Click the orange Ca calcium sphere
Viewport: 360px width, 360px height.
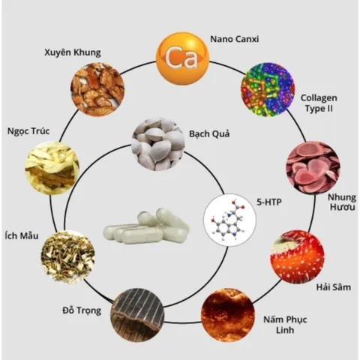(182, 58)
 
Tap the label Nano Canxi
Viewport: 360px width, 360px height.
(234, 39)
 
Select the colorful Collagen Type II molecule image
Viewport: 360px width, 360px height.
(268, 89)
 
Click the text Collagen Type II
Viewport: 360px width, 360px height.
(319, 103)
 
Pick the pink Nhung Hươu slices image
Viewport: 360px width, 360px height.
(313, 168)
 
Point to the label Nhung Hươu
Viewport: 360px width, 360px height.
(342, 202)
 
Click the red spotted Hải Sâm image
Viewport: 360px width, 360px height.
(297, 257)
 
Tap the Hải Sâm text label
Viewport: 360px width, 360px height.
(334, 287)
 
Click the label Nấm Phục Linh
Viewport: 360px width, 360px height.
(285, 325)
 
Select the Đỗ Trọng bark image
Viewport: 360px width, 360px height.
(137, 315)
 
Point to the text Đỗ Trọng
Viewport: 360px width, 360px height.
(82, 310)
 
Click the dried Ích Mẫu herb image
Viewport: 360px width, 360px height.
(67, 257)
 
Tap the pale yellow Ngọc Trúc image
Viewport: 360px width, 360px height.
(52, 168)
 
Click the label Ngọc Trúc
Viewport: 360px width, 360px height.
(28, 131)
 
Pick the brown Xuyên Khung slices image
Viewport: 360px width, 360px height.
(97, 89)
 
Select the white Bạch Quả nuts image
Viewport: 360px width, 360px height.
(158, 144)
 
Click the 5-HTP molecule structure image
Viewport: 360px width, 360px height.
(230, 220)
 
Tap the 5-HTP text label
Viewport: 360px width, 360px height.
(269, 202)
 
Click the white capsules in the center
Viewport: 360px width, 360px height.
(146, 226)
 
